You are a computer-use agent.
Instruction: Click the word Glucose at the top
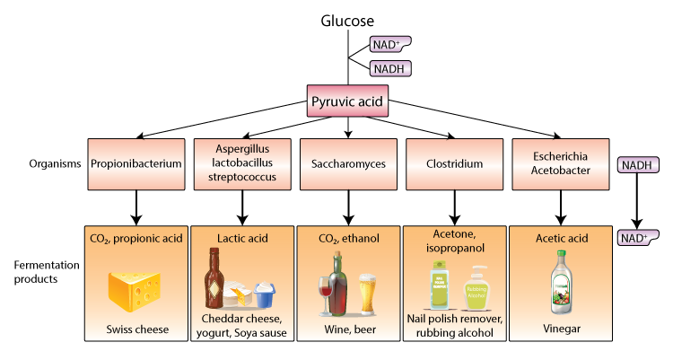point(347,19)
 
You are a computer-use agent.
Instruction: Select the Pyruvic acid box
point(347,101)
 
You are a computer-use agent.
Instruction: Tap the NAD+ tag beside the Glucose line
point(390,44)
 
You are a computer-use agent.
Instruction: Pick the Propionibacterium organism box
point(136,164)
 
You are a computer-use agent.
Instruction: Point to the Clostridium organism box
point(454,164)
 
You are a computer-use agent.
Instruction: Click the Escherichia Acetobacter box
point(560,164)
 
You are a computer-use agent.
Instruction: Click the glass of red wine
point(327,292)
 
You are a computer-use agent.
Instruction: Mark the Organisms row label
point(48,164)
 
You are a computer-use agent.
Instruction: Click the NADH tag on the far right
point(637,165)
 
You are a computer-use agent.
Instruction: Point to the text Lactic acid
point(242,239)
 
